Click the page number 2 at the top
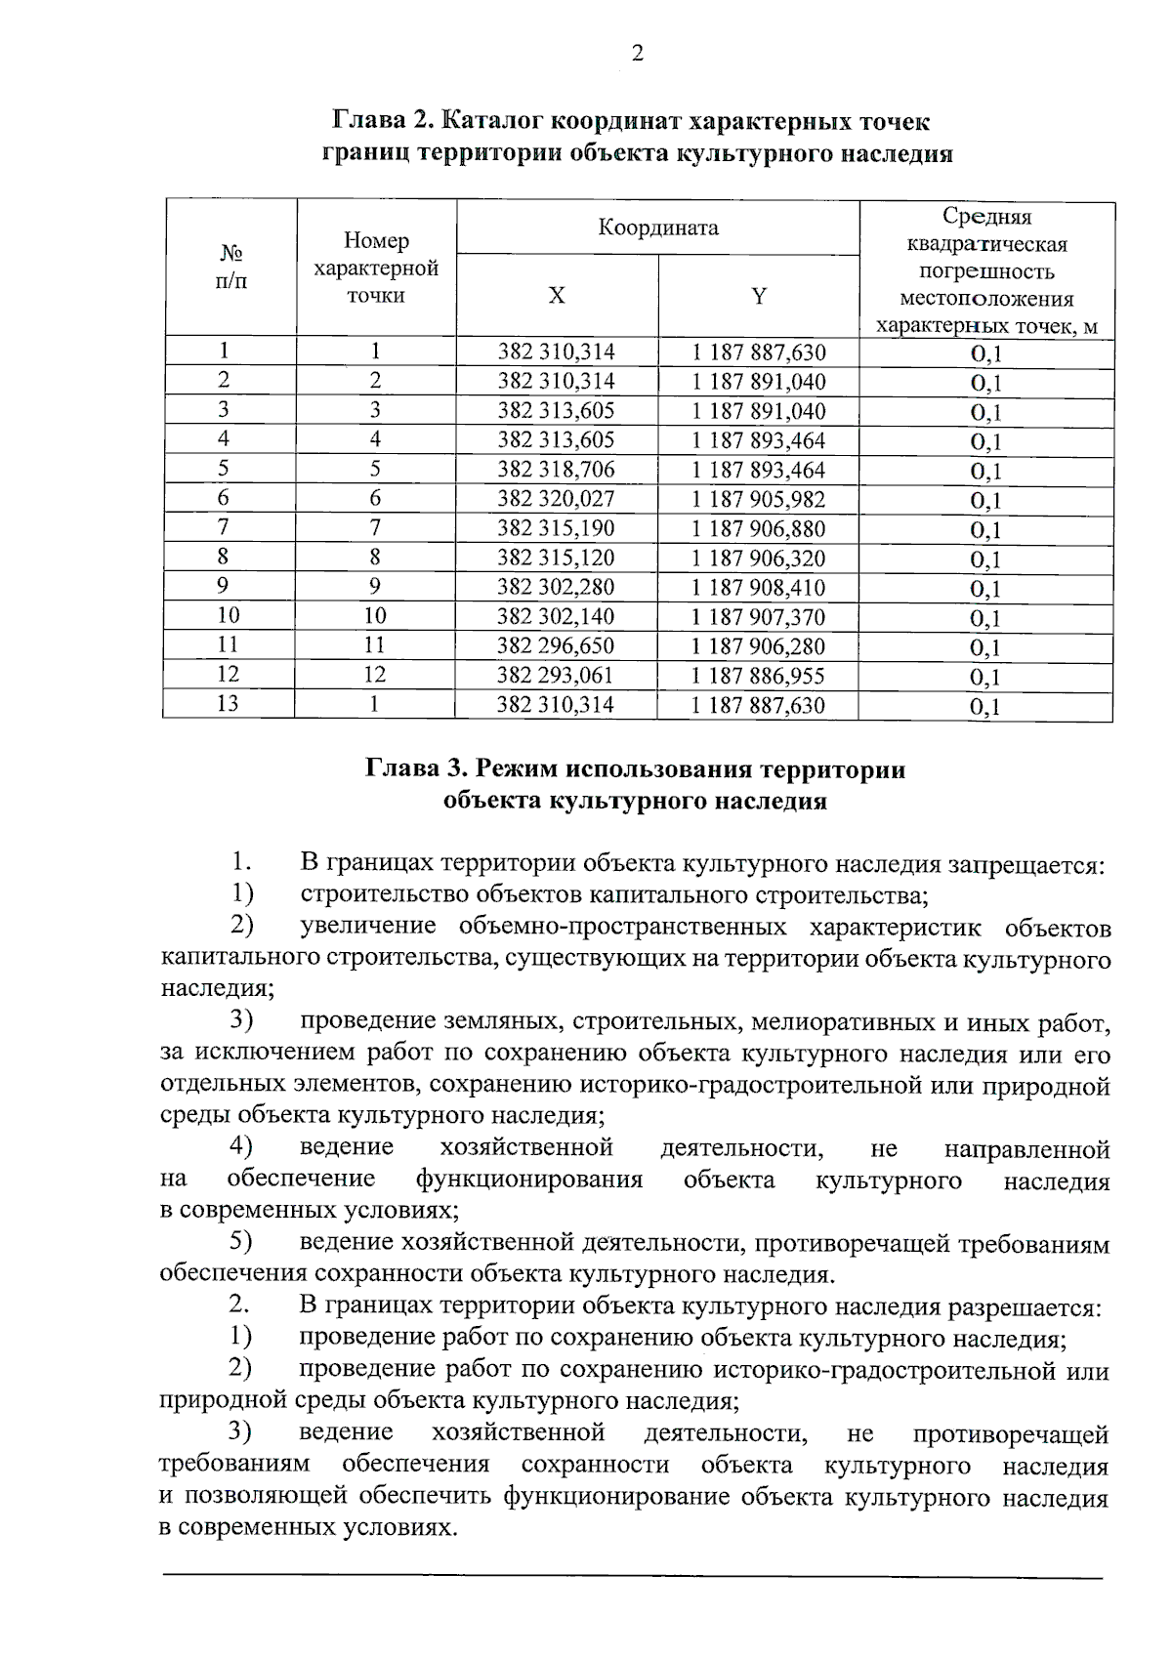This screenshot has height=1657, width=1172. click(x=638, y=54)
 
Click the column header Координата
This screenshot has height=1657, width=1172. click(x=658, y=228)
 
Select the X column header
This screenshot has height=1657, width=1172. click(x=557, y=296)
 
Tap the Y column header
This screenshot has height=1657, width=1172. click(x=759, y=296)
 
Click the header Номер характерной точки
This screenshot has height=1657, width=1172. click(x=376, y=269)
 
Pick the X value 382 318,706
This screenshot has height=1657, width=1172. click(x=557, y=470)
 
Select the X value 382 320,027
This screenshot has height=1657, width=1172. click(x=557, y=499)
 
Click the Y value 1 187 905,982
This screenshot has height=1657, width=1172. click(x=759, y=500)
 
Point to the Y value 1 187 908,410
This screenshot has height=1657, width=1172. click(x=759, y=588)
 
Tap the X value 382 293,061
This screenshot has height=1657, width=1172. click(x=556, y=676)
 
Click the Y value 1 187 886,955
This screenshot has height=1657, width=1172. click(x=759, y=676)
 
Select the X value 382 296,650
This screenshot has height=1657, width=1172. click(x=556, y=646)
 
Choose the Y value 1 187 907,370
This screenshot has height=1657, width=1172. click(x=759, y=617)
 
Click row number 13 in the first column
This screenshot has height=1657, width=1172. click(x=228, y=704)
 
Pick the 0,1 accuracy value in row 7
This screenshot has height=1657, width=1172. click(x=985, y=530)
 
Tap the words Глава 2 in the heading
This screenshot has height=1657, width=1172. click(x=381, y=122)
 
